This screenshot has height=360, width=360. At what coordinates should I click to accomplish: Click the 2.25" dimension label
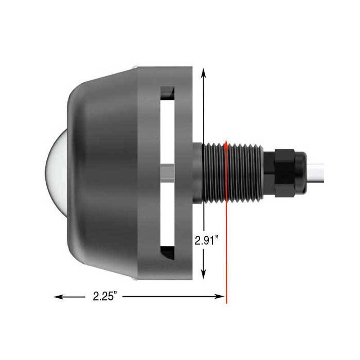(x=105, y=297)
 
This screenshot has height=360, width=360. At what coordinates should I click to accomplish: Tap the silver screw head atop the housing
(x=135, y=67)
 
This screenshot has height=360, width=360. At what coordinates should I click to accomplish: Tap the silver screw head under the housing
(x=135, y=279)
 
